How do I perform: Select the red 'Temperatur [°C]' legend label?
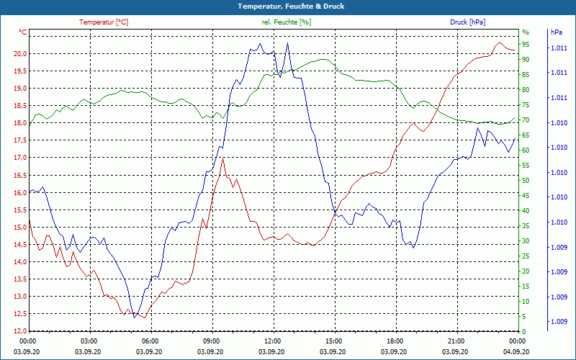click(104, 22)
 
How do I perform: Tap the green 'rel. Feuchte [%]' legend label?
click(287, 22)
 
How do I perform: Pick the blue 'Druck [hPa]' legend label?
click(467, 22)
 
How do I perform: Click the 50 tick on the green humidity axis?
click(526, 181)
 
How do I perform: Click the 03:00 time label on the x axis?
click(89, 341)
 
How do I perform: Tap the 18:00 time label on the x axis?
click(395, 341)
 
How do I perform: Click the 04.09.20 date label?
click(517, 351)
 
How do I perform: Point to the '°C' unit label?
click(22, 32)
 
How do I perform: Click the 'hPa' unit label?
click(557, 32)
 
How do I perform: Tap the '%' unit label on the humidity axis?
click(525, 32)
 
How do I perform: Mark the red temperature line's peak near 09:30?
click(224, 158)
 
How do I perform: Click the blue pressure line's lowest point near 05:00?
click(134, 317)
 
